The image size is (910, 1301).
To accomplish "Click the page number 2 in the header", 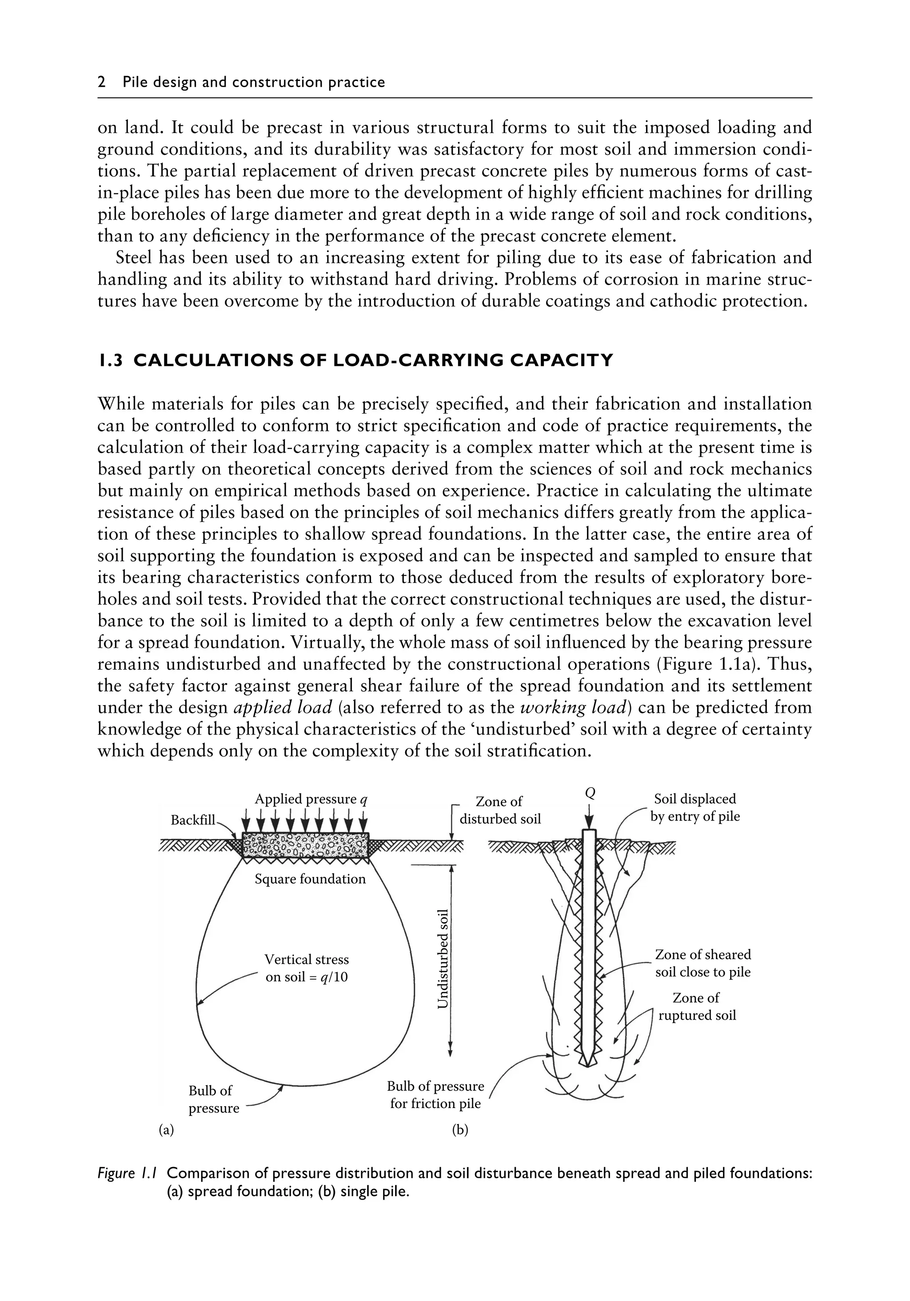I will click(x=102, y=83).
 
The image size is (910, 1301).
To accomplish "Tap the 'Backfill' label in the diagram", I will click(x=193, y=820).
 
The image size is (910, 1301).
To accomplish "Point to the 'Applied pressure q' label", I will click(x=311, y=799).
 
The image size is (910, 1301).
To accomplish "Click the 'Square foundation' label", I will click(x=310, y=879).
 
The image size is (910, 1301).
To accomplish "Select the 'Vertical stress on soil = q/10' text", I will click(x=306, y=968).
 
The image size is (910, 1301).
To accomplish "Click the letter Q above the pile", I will click(x=590, y=792).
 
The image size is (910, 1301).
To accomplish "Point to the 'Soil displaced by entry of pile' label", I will click(x=695, y=807).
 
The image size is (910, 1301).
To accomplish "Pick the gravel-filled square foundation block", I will click(x=306, y=845).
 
